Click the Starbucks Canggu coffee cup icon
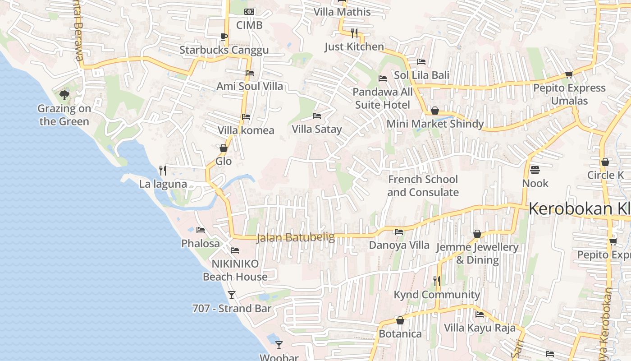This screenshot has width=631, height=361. coord(224,37)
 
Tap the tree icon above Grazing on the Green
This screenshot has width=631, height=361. coord(64,95)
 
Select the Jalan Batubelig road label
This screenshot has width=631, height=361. coord(295,237)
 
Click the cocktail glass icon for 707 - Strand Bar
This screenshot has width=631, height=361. coord(232,295)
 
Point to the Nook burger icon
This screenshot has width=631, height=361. coord(535,170)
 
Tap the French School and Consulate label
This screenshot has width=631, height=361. coord(423,186)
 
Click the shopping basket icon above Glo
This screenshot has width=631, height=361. coord(224,148)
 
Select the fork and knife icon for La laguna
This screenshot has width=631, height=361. coord(163,171)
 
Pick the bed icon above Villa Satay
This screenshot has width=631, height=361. coord(317,116)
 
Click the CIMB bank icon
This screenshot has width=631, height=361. coord(249,12)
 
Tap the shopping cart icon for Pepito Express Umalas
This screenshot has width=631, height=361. coord(569,74)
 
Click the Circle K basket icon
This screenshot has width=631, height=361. coord(605,162)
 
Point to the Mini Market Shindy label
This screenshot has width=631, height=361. coord(435,124)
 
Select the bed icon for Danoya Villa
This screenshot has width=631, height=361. coord(399,232)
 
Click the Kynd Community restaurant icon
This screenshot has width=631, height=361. coord(436,281)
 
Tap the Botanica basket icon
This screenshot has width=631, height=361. coord(400,320)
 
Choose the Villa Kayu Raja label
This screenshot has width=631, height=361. coord(480,328)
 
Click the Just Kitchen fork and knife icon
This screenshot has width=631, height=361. coord(354,33)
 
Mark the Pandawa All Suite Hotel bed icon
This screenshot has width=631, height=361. coord(383,79)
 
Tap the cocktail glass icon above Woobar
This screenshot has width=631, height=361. coord(279,345)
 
